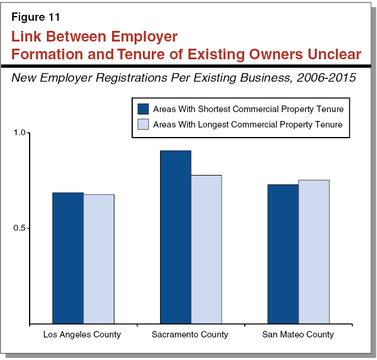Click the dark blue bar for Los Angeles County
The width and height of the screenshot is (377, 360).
tap(68, 259)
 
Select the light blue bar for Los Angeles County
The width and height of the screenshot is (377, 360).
tap(98, 259)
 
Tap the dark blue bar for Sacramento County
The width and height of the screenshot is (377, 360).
tap(175, 237)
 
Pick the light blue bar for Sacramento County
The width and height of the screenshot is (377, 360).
tap(206, 250)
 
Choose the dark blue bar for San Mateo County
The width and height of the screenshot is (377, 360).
tap(283, 254)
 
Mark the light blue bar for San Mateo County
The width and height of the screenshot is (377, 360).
tap(314, 252)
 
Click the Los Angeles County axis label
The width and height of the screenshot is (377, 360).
tap(82, 334)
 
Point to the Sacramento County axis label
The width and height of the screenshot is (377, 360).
tap(190, 334)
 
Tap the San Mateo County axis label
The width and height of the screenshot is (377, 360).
tap(298, 334)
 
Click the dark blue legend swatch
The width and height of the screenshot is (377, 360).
tap(143, 109)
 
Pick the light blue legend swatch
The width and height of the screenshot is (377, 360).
tap(143, 124)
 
